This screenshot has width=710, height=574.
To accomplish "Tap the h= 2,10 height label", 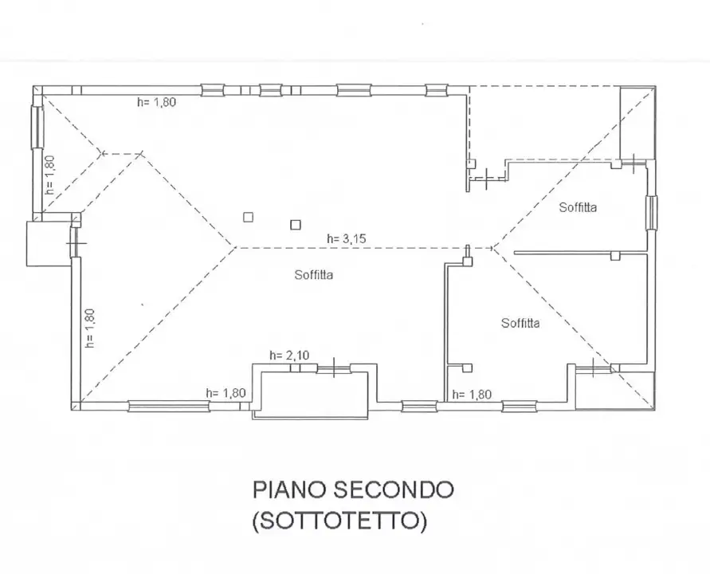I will pyautogui.click(x=287, y=356).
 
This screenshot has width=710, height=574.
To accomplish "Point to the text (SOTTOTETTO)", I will pyautogui.click(x=339, y=522).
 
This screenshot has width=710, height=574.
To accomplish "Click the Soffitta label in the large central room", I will pyautogui.click(x=313, y=275).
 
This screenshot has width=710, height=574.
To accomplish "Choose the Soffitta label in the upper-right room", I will pyautogui.click(x=578, y=207).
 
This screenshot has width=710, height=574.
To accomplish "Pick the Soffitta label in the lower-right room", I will pyautogui.click(x=520, y=323).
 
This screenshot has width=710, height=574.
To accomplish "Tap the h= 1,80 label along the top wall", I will pyautogui.click(x=156, y=102).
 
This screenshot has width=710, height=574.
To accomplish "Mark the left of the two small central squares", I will pyautogui.click(x=249, y=216).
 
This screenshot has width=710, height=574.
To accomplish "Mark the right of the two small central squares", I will pyautogui.click(x=295, y=225).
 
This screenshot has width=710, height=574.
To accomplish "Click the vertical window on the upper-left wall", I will pyautogui.click(x=37, y=126).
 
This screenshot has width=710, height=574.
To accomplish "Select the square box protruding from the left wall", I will pyautogui.click(x=39, y=244).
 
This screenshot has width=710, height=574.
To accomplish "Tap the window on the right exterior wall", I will pyautogui.click(x=651, y=212).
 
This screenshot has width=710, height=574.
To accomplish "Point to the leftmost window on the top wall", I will pyautogui.click(x=213, y=90).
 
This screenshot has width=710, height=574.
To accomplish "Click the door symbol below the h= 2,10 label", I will pyautogui.click(x=333, y=368).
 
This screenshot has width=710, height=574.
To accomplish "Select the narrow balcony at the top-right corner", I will pyautogui.click(x=637, y=119).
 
